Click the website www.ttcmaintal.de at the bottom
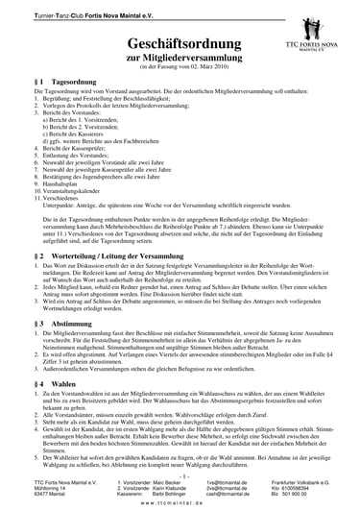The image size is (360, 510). pos(181,502)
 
